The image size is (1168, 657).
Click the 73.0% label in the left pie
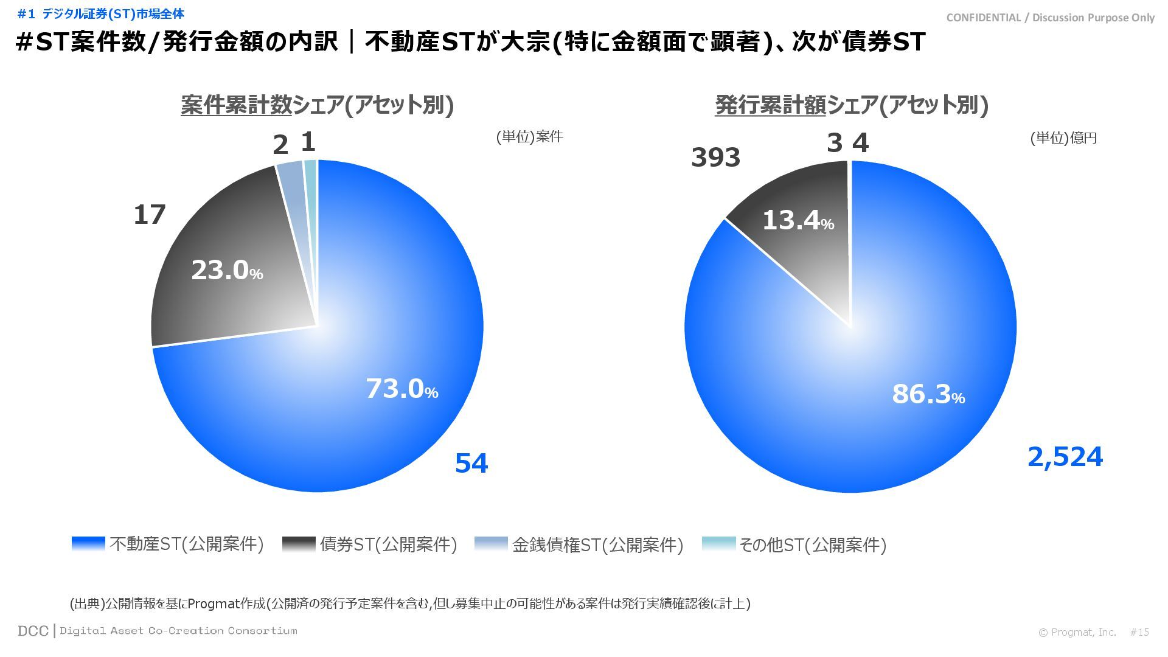(401, 389)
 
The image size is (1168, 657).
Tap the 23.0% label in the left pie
(226, 271)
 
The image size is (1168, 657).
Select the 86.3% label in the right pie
(928, 394)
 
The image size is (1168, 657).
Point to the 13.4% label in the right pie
(798, 220)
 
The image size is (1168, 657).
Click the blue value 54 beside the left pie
(471, 464)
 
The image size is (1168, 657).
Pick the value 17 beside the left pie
(150, 215)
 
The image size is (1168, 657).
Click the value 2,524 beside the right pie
(1065, 457)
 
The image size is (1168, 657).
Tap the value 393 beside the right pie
(715, 158)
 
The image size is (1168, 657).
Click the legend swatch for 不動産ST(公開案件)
(88, 544)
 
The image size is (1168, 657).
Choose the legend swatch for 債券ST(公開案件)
(299, 544)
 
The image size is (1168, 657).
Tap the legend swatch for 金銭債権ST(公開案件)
(491, 544)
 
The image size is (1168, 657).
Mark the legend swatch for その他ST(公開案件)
(718, 544)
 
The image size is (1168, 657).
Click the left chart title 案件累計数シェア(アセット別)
(317, 105)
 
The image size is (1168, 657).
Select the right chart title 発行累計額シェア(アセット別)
(851, 105)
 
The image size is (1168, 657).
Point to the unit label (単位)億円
(1063, 138)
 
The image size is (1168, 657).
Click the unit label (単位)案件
(529, 137)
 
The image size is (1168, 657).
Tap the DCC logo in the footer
(33, 631)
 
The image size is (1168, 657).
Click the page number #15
(1139, 633)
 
